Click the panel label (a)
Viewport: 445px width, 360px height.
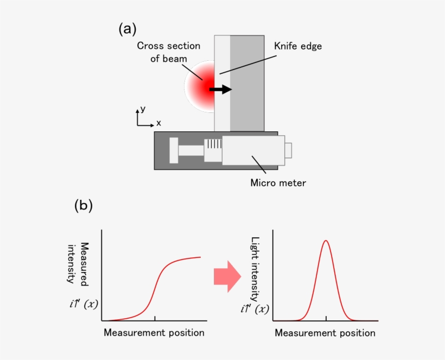click(127, 29)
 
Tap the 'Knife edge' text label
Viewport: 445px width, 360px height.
click(298, 46)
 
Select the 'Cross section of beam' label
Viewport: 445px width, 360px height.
click(168, 52)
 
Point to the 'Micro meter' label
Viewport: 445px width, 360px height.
click(278, 183)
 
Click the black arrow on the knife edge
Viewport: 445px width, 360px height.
click(220, 89)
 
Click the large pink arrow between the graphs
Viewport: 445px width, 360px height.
click(227, 276)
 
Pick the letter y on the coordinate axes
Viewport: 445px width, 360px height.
click(143, 109)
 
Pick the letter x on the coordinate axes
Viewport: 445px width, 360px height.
click(158, 123)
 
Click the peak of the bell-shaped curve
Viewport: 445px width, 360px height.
click(326, 241)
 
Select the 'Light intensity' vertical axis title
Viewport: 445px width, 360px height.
click(255, 269)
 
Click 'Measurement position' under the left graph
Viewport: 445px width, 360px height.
click(154, 332)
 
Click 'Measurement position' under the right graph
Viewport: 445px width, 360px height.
click(325, 332)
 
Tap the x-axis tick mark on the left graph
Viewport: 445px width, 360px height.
click(155, 318)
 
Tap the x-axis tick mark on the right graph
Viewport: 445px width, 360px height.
click(326, 318)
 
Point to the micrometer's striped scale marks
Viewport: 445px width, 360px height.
click(213, 144)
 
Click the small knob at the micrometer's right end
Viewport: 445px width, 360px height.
click(289, 149)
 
